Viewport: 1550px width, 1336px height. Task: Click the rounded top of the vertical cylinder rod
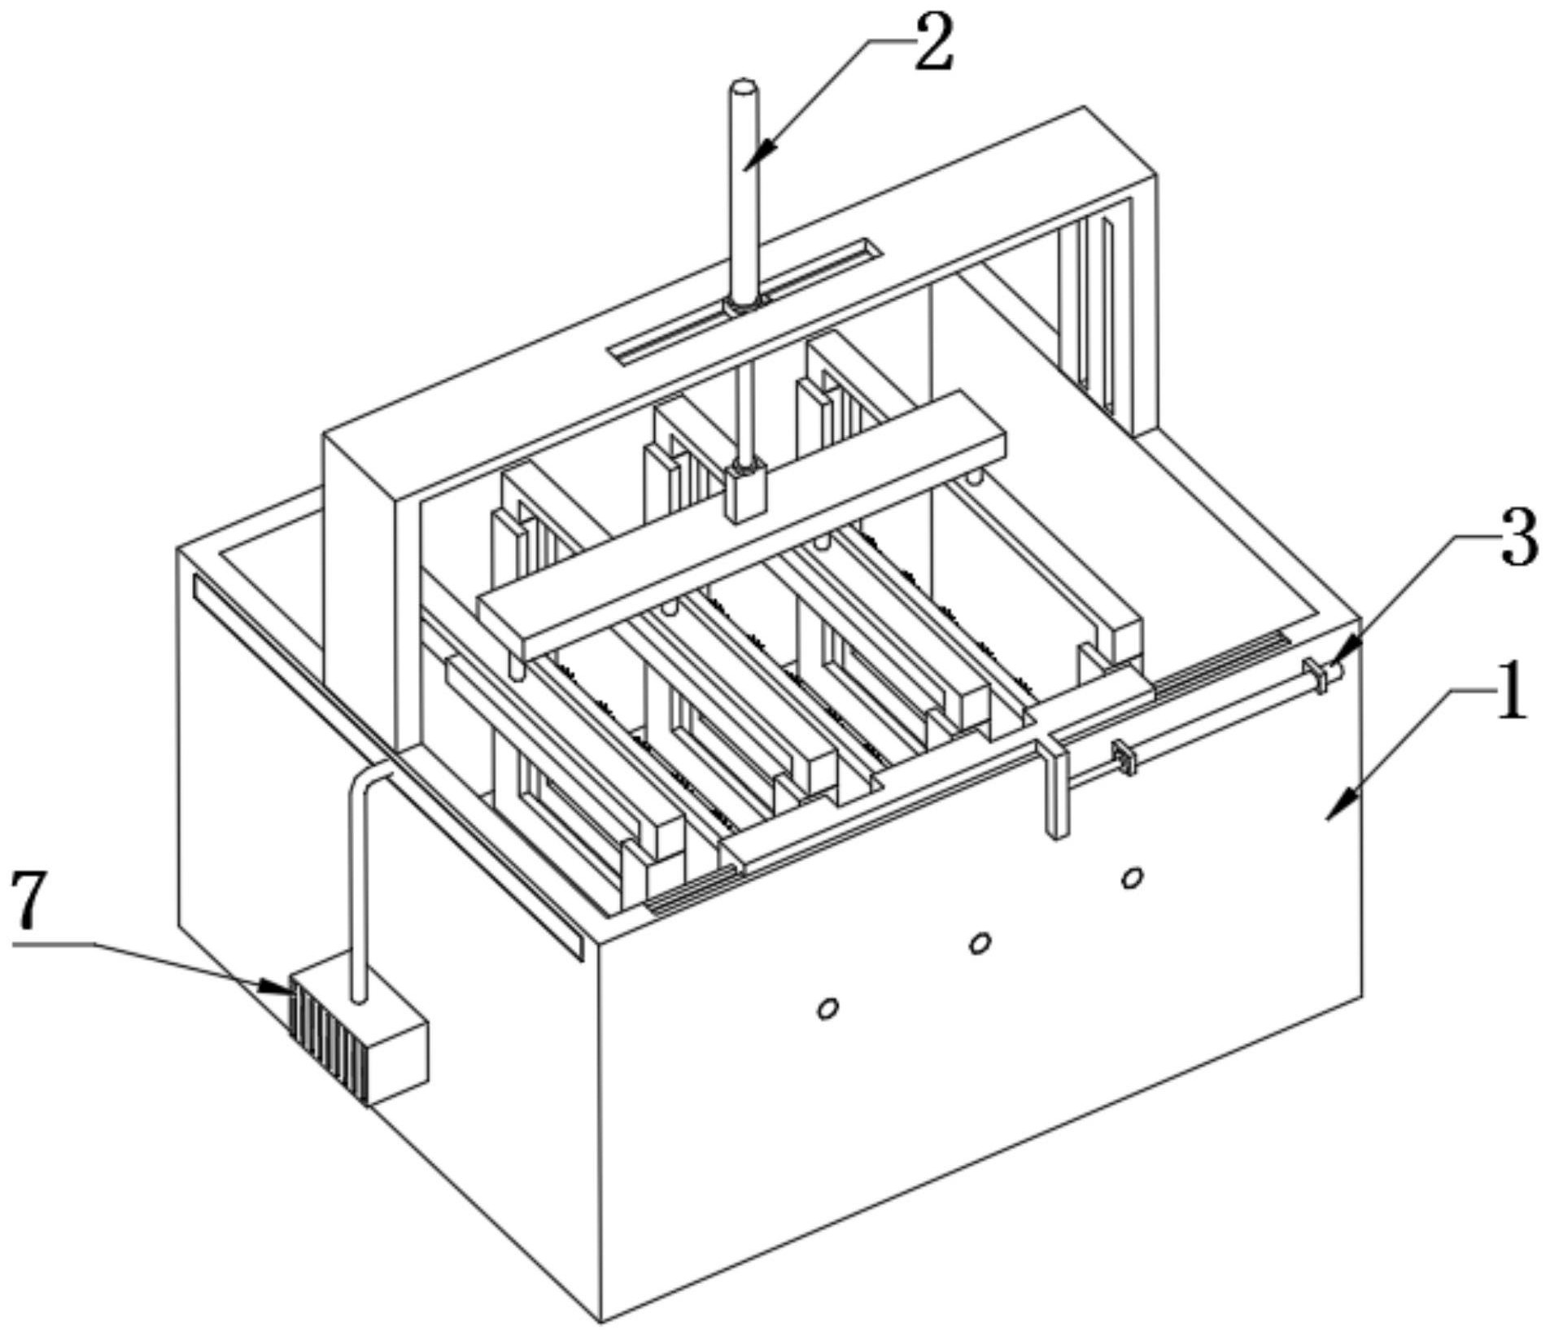tap(743, 86)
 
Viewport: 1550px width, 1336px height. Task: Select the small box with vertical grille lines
tap(358, 1030)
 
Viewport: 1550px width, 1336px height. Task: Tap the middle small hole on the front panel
tap(980, 943)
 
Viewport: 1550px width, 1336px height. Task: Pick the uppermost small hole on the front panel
tap(1132, 877)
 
